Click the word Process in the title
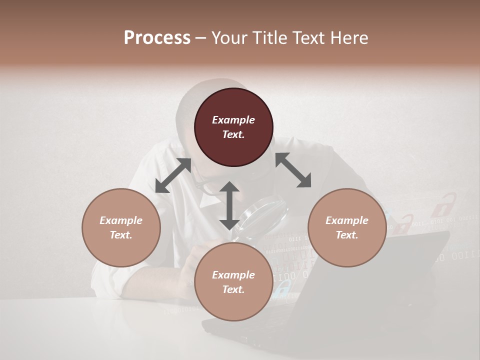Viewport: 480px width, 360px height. coord(157,38)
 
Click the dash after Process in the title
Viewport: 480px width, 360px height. coord(200,38)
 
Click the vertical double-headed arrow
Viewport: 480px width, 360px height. coord(229,205)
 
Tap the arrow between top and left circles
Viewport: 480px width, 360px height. coord(173,175)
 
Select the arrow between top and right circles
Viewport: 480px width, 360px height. coord(293,170)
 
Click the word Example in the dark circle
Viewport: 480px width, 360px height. coord(233,120)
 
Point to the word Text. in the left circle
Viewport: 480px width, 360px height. coord(121,235)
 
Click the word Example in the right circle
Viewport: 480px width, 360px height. coord(347,220)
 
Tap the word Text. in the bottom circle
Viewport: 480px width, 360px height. coord(233,289)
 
